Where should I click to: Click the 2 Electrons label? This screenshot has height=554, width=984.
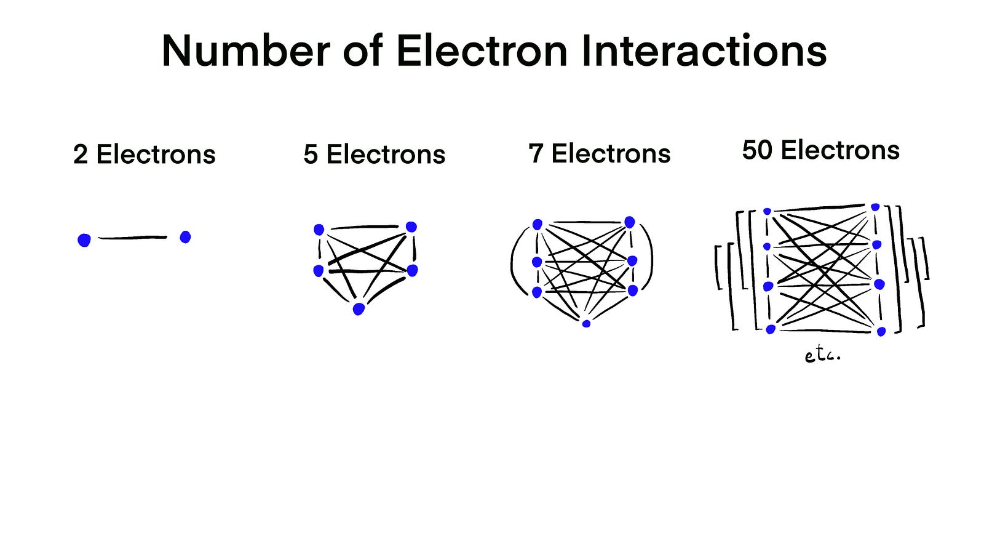[x=145, y=155]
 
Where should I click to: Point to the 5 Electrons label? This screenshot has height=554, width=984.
[x=374, y=155]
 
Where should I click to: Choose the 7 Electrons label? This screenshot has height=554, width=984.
[x=600, y=154]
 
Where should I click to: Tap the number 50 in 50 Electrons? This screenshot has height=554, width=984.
[x=758, y=150]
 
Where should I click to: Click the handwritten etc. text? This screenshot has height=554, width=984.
[x=822, y=355]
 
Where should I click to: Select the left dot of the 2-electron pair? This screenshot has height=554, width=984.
[x=84, y=240]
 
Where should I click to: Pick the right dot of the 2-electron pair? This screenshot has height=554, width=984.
[x=185, y=237]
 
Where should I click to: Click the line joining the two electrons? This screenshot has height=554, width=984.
[x=132, y=237]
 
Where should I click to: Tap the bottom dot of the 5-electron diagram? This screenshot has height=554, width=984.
[x=359, y=308]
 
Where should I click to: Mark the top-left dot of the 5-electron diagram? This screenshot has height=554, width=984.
[x=319, y=230]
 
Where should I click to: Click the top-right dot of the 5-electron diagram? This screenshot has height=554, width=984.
[x=411, y=227]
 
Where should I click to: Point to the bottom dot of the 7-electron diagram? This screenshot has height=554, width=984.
[x=586, y=323]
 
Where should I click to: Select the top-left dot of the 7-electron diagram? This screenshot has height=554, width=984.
[x=537, y=225]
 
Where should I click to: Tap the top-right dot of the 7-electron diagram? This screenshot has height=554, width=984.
[x=629, y=222]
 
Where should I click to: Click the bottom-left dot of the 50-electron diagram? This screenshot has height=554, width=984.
[x=771, y=329]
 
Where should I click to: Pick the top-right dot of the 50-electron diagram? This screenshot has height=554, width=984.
[x=875, y=207]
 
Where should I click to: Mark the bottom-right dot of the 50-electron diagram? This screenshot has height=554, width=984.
[x=881, y=332]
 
